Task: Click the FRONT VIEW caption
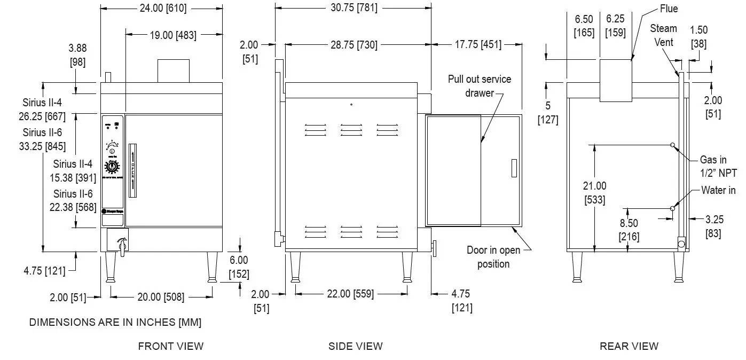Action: pos(170,346)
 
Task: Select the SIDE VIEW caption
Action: pos(355,346)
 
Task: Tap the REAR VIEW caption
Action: pos(629,346)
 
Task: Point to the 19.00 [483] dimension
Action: pos(172,35)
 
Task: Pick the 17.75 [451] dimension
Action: pos(477,45)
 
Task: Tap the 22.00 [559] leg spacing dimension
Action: pos(350,293)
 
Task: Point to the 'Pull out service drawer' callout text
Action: pos(480,86)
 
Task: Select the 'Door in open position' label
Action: pos(493,257)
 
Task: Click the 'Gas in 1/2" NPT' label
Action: pos(718,166)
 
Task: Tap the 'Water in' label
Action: pos(718,190)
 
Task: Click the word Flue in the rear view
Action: pos(669,9)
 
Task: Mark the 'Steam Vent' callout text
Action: pos(663,35)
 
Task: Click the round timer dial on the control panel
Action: pos(112,167)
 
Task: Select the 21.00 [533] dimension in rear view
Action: pos(594,193)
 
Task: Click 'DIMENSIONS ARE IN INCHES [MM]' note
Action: pos(115,322)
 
